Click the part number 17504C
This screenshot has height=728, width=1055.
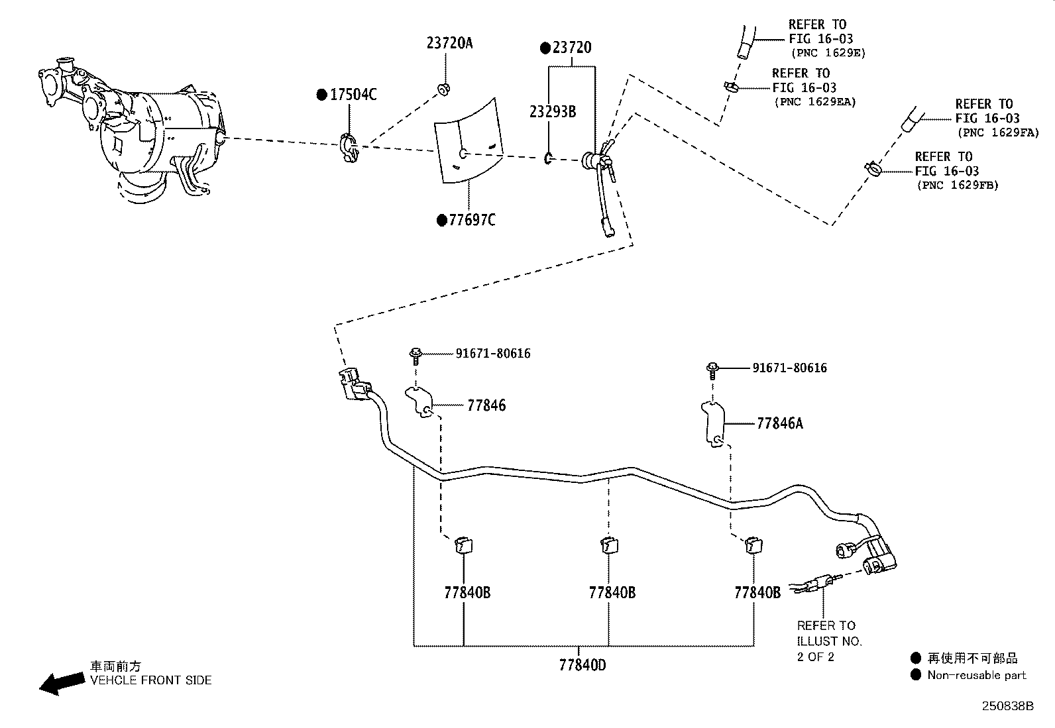(x=353, y=95)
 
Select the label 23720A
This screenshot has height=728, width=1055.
(x=449, y=43)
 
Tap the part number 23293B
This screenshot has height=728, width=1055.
(x=553, y=111)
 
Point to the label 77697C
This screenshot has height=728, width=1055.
(x=472, y=220)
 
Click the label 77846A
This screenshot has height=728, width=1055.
(x=779, y=423)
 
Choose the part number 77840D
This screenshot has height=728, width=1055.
(x=582, y=665)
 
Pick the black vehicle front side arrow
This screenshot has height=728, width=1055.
(x=62, y=682)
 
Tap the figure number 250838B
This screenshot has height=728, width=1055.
(x=1007, y=706)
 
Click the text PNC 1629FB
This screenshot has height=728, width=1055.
(x=958, y=185)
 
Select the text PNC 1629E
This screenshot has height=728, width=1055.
(x=828, y=53)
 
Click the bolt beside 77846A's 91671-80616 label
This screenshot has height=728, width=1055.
(x=712, y=370)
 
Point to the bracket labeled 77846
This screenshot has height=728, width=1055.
(x=419, y=401)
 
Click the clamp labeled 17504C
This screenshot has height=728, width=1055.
(x=349, y=148)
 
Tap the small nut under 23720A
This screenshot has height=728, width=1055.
(x=443, y=89)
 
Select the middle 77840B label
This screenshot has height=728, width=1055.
(x=612, y=592)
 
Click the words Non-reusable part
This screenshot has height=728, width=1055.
(x=976, y=675)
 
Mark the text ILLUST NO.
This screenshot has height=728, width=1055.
(x=830, y=641)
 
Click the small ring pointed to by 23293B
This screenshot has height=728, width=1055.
(x=548, y=158)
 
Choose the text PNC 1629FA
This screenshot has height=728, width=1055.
(x=998, y=132)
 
